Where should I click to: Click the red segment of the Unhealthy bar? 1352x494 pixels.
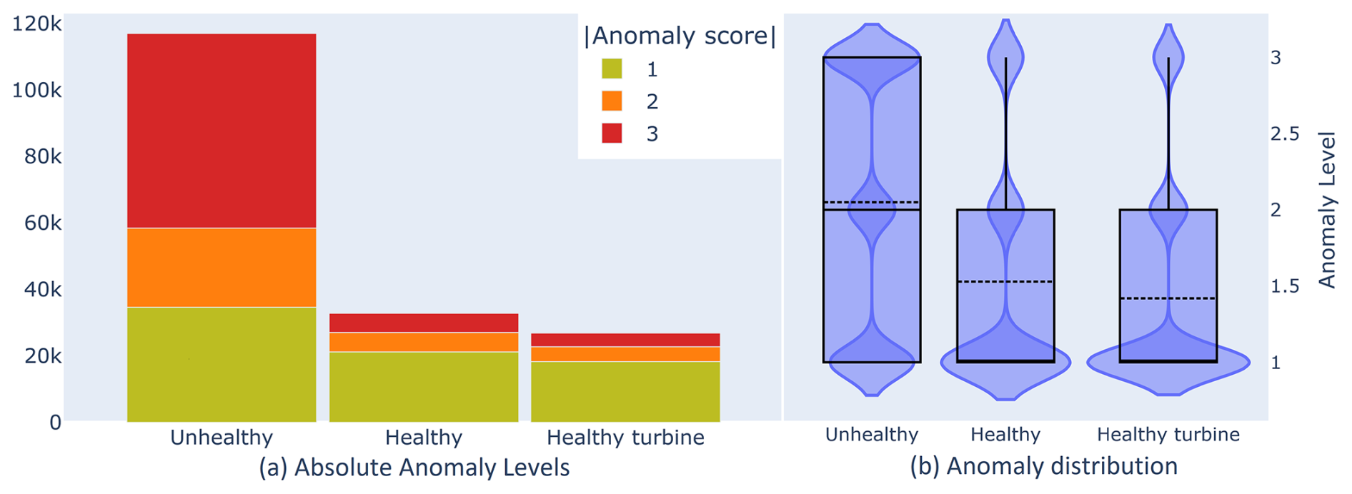point(222,131)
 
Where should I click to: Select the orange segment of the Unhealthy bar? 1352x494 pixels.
point(222,267)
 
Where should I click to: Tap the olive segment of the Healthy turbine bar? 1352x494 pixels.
point(625,391)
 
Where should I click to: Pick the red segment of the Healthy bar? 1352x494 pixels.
point(424,323)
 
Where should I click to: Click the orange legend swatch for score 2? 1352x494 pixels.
point(612,101)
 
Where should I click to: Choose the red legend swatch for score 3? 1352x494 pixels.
point(612,133)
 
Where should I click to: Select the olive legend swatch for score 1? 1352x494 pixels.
point(612,69)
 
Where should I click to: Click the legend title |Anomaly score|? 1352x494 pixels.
point(680,36)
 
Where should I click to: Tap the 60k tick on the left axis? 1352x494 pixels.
point(43,223)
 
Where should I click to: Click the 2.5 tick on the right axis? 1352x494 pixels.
point(1285,133)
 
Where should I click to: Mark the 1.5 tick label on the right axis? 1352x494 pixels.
point(1285,286)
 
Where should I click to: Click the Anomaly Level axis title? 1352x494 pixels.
point(1327,210)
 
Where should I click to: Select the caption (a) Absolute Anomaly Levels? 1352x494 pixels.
point(414,468)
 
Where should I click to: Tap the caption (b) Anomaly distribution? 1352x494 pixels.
point(1043,466)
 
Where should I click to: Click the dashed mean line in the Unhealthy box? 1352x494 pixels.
point(871,202)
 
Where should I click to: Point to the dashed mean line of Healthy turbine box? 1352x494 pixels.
point(1168,298)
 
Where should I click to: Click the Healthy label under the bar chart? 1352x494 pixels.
point(424,437)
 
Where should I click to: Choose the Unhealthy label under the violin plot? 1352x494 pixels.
point(871,434)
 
